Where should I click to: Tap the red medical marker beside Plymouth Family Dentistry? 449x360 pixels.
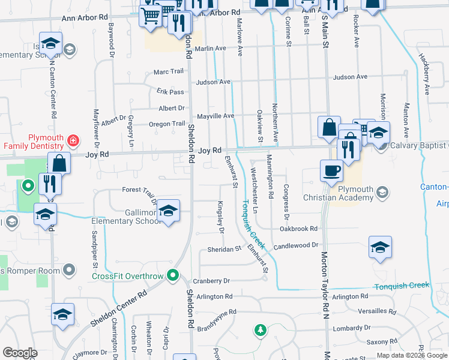[x=73, y=141]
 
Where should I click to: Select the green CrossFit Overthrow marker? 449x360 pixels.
[x=173, y=276]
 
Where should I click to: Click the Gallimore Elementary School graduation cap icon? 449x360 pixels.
[x=169, y=211]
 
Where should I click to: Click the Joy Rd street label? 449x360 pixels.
[x=210, y=151]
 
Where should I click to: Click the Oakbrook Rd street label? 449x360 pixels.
[x=298, y=229]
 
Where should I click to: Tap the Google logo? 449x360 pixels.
[x=20, y=353]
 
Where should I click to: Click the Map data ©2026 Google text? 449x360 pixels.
[x=412, y=355]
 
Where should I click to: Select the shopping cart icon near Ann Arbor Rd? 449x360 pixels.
[x=150, y=16]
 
